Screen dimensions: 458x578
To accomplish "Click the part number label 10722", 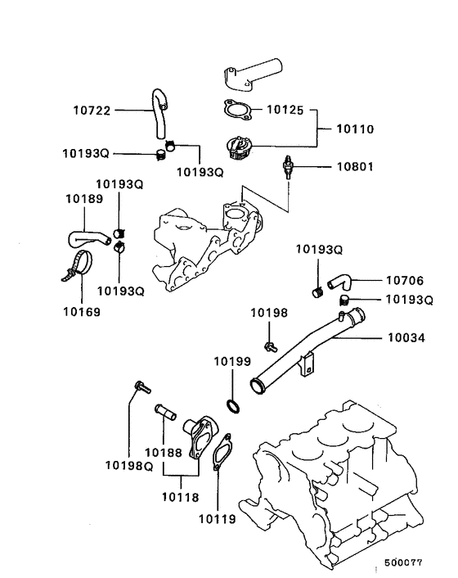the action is pos(92,111).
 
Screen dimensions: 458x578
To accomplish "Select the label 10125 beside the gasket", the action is pos(285,110).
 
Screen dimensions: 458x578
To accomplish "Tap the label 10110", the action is pos(355,129).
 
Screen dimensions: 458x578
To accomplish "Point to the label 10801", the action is pos(355,167).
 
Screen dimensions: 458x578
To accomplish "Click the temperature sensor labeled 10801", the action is pos(287,167).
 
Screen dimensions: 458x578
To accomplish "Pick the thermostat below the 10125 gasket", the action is pos(238,147).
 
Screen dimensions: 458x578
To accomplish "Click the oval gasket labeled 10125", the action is pos(238,111).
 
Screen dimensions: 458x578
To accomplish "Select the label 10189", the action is pos(84,199).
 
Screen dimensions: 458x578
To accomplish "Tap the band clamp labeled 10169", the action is pos(78,265).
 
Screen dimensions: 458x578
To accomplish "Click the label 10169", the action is pos(82,312).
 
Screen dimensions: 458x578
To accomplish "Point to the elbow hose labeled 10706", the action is pos(340,282).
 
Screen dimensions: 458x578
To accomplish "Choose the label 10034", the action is pos(406,337).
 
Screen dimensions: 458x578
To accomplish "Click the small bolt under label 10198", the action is pos(271,346).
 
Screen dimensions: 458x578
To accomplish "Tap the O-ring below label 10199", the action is pos(233,406).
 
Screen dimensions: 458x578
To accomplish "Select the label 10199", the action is pos(232,362).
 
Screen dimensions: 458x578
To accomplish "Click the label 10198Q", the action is pos(129,466).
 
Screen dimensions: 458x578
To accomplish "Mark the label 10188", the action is pos(164,453).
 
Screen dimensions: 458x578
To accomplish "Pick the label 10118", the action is pos(181,497).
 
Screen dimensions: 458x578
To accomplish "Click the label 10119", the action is pos(218,519).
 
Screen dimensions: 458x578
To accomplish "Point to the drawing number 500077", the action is pos(403,562).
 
